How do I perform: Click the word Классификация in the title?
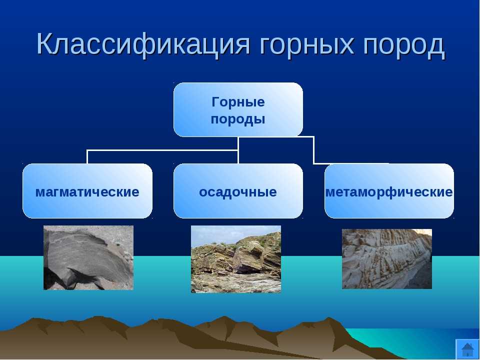tap(143, 44)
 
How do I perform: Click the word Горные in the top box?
tap(238, 102)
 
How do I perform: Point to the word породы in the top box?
tap(238, 119)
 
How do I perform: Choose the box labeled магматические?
tap(87, 191)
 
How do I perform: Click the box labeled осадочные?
tap(238, 191)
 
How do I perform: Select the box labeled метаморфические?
tap(389, 191)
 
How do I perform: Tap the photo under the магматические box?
tap(88, 258)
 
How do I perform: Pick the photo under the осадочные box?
tap(236, 259)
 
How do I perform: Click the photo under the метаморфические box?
tap(387, 259)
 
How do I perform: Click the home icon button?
tap(467, 349)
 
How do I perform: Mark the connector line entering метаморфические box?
tap(314, 150)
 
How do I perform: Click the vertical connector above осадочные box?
tap(238, 150)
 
